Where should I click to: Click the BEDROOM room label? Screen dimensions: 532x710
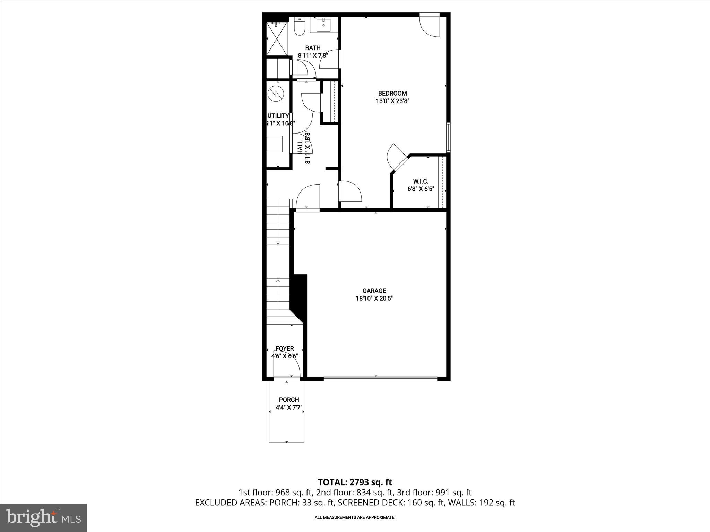click(x=392, y=93)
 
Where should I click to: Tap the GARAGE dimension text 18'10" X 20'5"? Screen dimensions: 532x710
click(x=374, y=298)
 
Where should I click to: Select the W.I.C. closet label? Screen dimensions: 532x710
click(x=421, y=181)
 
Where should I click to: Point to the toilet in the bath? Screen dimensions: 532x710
click(x=299, y=27)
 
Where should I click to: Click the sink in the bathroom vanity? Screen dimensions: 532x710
click(x=324, y=25)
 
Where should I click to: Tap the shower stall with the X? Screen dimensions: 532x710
click(x=277, y=38)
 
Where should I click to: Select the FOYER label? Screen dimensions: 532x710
click(x=285, y=348)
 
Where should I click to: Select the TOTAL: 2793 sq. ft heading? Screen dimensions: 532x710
click(x=355, y=482)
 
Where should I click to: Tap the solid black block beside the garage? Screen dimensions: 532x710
click(x=299, y=294)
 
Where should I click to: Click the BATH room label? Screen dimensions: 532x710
click(x=313, y=48)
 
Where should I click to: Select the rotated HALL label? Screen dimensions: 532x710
click(x=300, y=147)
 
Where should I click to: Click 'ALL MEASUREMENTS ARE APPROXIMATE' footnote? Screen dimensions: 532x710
click(x=355, y=517)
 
